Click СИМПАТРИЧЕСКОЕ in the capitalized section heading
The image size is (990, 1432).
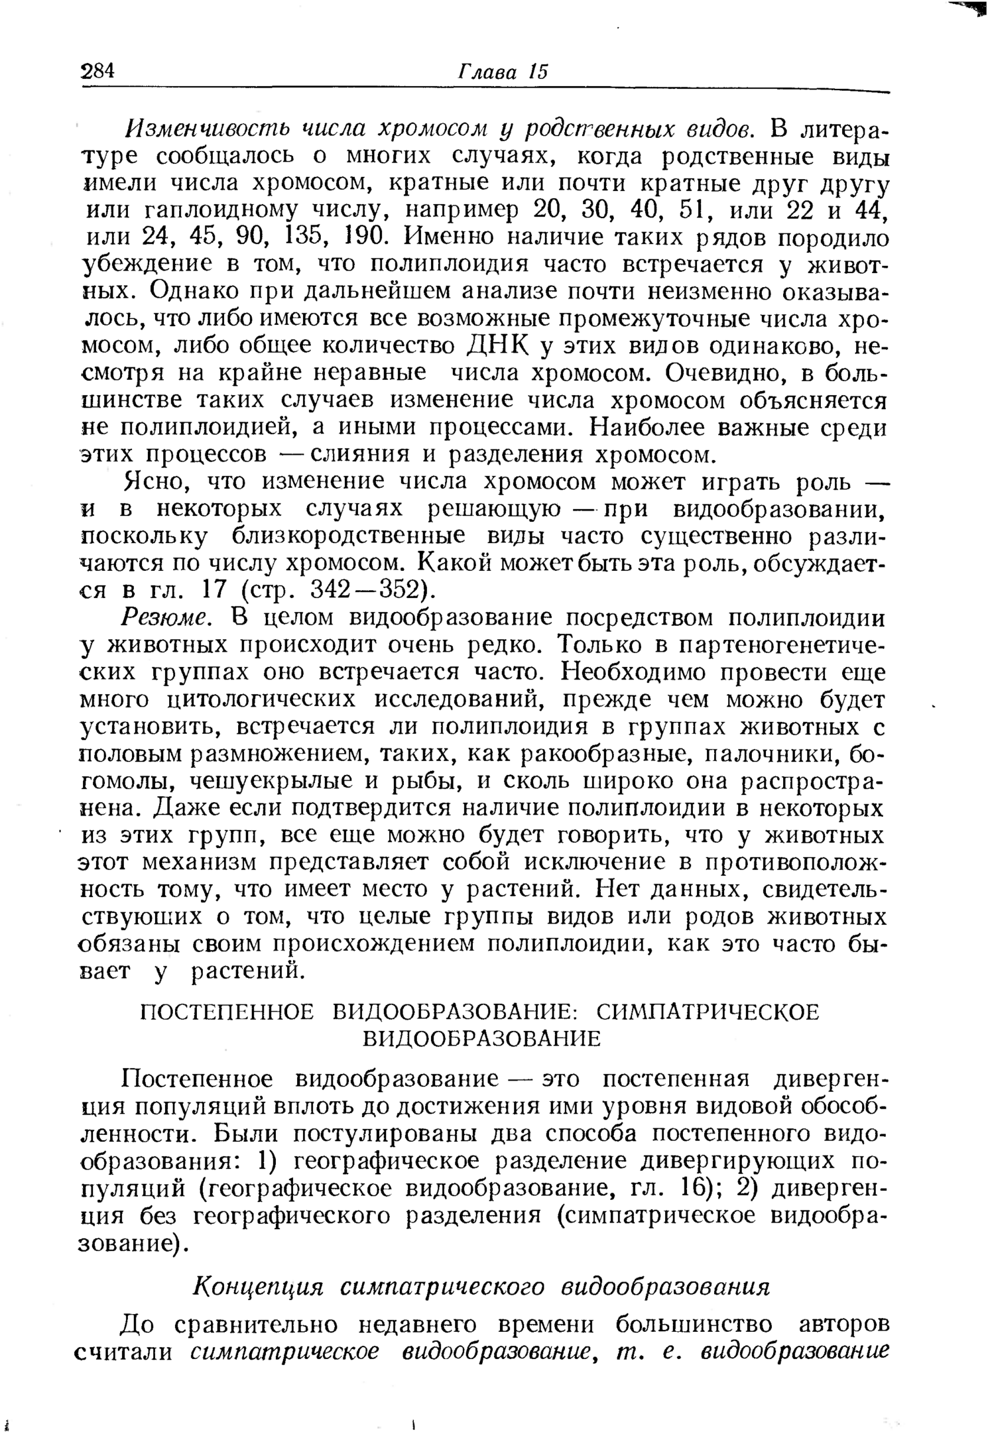click(x=708, y=1012)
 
